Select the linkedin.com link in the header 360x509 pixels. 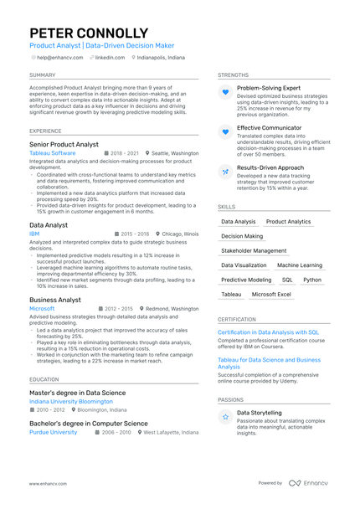[x=110, y=58]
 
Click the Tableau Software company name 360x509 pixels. [x=52, y=153]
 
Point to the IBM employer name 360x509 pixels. [x=34, y=234]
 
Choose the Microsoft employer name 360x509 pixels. [x=42, y=308]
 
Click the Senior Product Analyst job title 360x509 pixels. [x=64, y=144]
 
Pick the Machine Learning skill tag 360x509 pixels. [x=299, y=265]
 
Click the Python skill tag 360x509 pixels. [x=312, y=280]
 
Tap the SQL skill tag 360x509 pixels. [x=287, y=280]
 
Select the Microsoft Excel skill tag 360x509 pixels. [x=271, y=294]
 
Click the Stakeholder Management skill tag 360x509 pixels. [x=253, y=250]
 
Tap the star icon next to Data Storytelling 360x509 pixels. [x=225, y=416]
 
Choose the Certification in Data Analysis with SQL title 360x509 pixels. [x=268, y=332]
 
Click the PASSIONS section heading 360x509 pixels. [x=231, y=399]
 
